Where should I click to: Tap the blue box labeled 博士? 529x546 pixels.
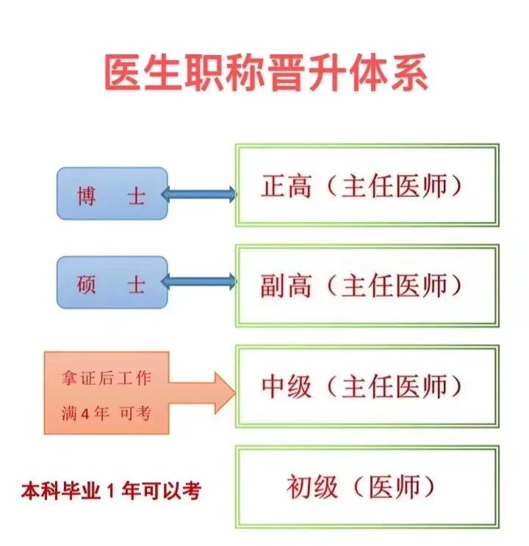click(112, 195)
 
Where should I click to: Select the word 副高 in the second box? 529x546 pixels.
click(287, 284)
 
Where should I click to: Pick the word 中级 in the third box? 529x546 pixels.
click(287, 385)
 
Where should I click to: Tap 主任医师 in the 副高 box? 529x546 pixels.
click(395, 284)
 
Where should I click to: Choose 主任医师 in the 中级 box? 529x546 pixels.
click(395, 385)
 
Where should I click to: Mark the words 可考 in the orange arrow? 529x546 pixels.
click(137, 413)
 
